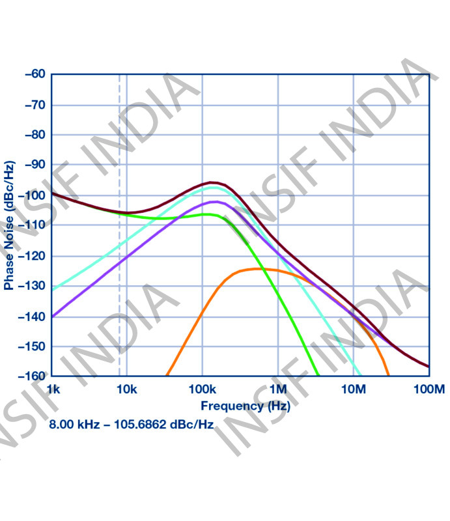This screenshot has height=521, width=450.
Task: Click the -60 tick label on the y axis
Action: click(34, 74)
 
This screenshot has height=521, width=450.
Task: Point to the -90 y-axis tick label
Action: click(34, 165)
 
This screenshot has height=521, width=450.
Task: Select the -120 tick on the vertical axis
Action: click(32, 256)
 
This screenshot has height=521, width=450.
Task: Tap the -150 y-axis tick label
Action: click(32, 346)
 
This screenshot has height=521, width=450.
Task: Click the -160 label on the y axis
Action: click(32, 376)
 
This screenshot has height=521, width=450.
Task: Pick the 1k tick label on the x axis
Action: click(53, 390)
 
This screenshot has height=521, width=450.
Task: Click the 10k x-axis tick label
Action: click(126, 390)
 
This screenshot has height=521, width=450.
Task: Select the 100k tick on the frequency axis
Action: click(202, 390)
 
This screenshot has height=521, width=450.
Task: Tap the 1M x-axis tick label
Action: click(278, 390)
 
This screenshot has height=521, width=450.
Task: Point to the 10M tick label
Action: click(354, 390)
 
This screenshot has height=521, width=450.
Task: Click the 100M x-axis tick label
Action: click(427, 390)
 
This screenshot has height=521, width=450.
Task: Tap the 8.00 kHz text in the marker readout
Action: click(73, 424)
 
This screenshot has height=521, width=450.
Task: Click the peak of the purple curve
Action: click(216, 202)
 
